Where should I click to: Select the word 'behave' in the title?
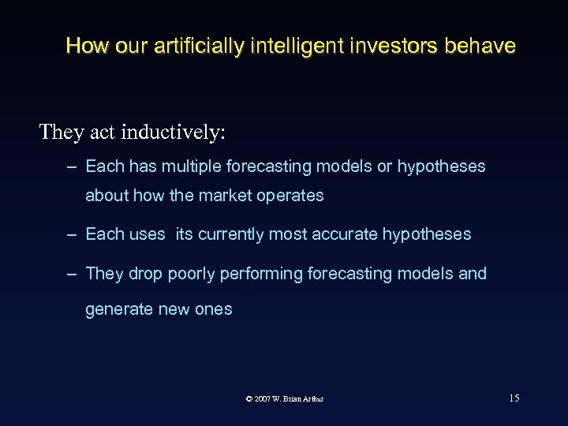click(x=480, y=46)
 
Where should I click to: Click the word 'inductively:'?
click(x=174, y=132)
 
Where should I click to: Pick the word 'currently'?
click(x=231, y=234)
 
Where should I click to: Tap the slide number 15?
click(x=514, y=398)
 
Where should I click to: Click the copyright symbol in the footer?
click(x=249, y=399)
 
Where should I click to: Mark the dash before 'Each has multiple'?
click(x=72, y=167)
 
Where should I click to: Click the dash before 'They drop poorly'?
click(x=72, y=275)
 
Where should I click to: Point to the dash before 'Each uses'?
click(x=72, y=235)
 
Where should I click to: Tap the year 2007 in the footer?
click(x=263, y=399)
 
